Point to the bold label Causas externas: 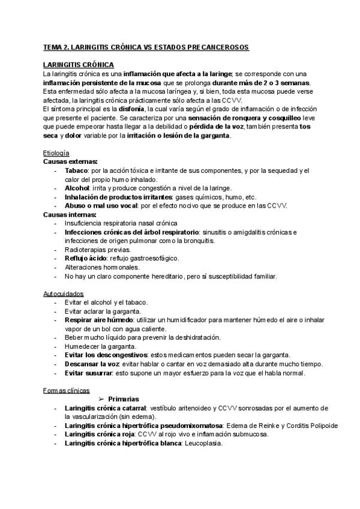[71, 162]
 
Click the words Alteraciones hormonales [102, 267]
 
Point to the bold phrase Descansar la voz [93, 364]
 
